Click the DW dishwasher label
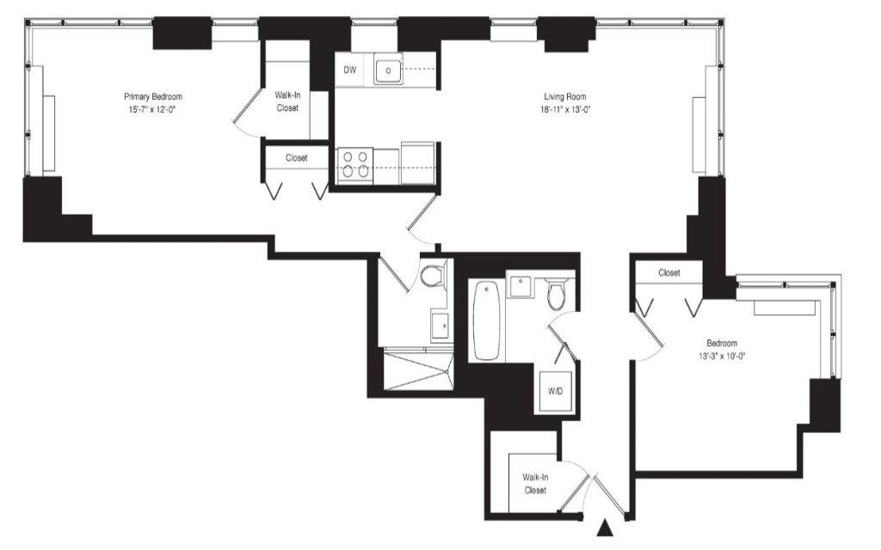click(350, 70)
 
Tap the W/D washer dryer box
click(555, 391)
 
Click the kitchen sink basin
click(388, 70)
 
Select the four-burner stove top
click(355, 164)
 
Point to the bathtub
click(487, 321)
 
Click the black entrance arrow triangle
click(604, 529)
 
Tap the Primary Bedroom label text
click(153, 96)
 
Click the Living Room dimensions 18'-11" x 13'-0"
click(564, 110)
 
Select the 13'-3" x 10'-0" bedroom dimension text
click(722, 356)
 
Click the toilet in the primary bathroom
click(433, 276)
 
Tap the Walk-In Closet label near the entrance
click(535, 484)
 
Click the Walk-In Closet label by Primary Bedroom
click(287, 101)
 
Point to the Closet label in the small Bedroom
click(669, 272)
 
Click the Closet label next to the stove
click(296, 158)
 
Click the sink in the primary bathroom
click(441, 325)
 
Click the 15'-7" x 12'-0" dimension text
click(152, 110)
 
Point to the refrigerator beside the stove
click(417, 162)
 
